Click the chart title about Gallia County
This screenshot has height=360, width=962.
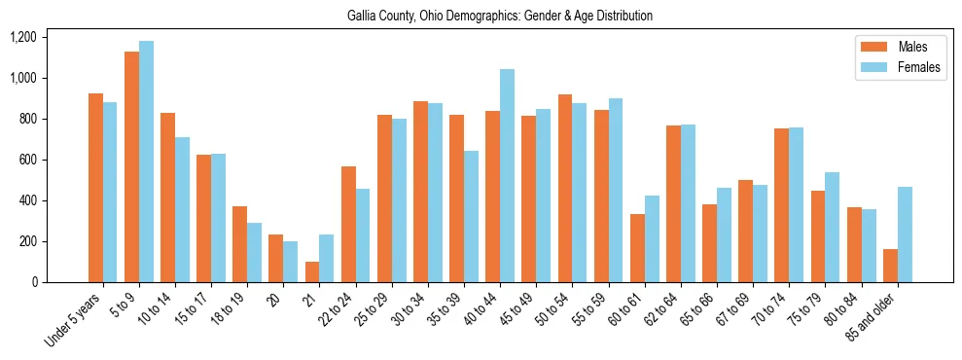[500, 16]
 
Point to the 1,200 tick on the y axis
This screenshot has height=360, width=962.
[22, 37]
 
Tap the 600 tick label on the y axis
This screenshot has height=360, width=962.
[27, 160]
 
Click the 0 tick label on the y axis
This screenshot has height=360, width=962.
[33, 282]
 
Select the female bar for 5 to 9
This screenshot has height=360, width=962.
[146, 162]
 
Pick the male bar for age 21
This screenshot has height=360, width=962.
[312, 271]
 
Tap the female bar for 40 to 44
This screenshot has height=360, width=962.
[507, 176]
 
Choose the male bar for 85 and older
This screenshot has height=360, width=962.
[890, 266]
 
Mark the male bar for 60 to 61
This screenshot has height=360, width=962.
[637, 248]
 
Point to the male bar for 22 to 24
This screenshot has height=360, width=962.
[348, 224]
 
